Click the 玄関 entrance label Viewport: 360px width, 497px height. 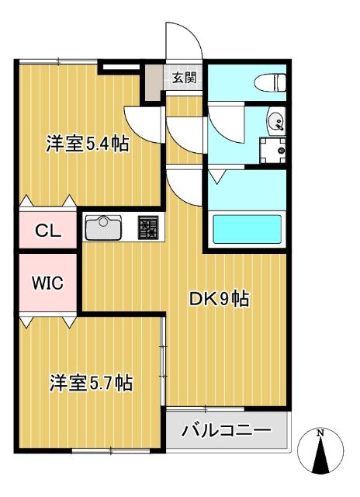(x=184, y=77)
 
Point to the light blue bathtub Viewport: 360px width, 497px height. (x=246, y=230)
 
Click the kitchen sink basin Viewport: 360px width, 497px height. (x=104, y=228)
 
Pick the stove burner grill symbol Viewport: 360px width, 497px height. (x=147, y=227)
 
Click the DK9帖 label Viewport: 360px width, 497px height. (x=220, y=298)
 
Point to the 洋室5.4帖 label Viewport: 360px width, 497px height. (x=87, y=144)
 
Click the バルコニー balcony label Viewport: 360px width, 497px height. (x=226, y=429)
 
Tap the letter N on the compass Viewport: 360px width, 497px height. (x=320, y=432)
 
